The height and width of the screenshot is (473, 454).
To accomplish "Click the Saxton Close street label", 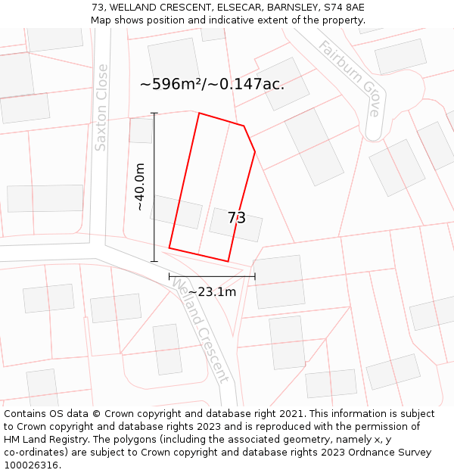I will click(x=101, y=107).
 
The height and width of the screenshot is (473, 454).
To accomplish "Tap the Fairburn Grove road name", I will click(x=350, y=78).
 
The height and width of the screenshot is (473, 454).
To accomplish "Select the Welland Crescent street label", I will click(x=201, y=330).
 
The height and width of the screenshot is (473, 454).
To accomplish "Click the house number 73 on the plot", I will click(x=237, y=218).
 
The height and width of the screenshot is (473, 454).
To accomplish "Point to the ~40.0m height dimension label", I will click(x=140, y=187).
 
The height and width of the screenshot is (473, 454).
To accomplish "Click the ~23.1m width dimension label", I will click(x=212, y=292).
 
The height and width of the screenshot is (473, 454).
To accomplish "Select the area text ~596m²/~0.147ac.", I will click(x=212, y=84).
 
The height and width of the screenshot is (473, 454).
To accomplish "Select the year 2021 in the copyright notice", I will click(x=291, y=414).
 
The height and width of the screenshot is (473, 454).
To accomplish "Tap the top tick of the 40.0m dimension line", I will click(x=154, y=114).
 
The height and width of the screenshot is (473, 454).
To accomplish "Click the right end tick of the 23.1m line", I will click(x=255, y=276).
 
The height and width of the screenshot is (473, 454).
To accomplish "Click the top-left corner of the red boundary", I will click(x=199, y=114).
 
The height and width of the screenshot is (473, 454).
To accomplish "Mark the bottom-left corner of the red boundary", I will click(x=169, y=247).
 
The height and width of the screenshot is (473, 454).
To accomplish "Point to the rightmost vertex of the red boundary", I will click(x=255, y=151).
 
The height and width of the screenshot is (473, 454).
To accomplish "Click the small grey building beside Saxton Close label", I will click(x=141, y=130).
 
